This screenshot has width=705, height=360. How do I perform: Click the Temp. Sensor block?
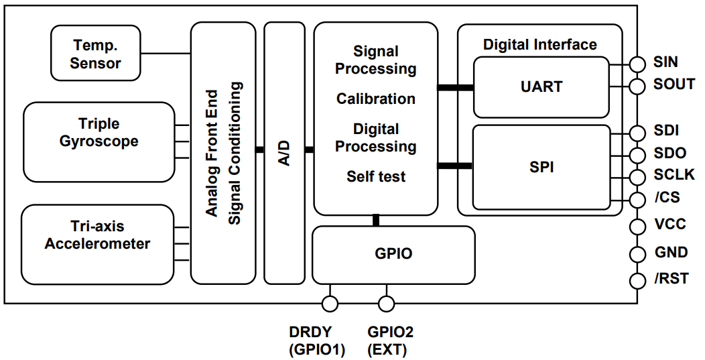(96, 54)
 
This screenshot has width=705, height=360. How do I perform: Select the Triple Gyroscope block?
(99, 141)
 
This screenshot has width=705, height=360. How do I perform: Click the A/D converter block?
(285, 153)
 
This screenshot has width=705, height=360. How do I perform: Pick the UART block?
(541, 87)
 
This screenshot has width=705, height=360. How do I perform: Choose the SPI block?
(541, 167)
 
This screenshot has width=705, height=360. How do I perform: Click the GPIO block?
(393, 254)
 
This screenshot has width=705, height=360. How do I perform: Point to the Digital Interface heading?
(539, 45)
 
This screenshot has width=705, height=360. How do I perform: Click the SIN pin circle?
(637, 63)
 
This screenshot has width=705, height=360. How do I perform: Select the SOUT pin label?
(674, 86)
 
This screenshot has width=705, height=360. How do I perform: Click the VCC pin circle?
(637, 225)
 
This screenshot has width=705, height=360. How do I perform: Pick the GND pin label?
(671, 253)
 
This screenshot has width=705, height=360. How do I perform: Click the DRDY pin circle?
(330, 304)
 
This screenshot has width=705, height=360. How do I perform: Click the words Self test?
(376, 177)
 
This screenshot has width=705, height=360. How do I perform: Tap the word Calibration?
(376, 99)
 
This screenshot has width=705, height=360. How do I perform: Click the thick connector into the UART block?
(455, 87)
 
